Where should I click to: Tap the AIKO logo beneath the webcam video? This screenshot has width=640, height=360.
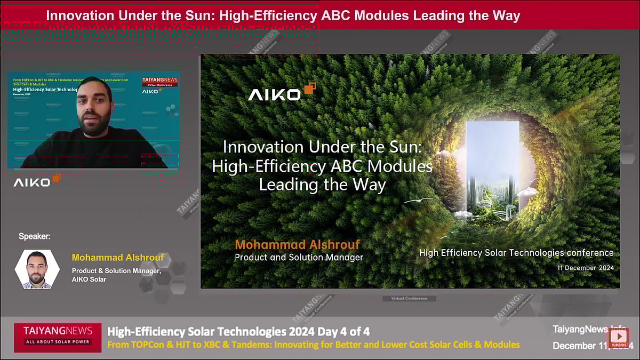pyautogui.click(x=37, y=181)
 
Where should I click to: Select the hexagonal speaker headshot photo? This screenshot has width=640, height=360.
pyautogui.click(x=37, y=269)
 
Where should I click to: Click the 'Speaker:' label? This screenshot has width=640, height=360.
pyautogui.click(x=35, y=236)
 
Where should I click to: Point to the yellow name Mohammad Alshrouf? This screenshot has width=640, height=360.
pyautogui.click(x=118, y=258)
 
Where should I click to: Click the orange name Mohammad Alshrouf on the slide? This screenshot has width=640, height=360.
pyautogui.click(x=297, y=245)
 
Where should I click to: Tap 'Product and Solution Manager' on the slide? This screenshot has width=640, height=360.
pyautogui.click(x=299, y=258)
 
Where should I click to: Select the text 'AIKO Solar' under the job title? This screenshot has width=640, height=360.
pyautogui.click(x=89, y=279)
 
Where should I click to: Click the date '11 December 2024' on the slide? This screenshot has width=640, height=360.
pyautogui.click(x=585, y=268)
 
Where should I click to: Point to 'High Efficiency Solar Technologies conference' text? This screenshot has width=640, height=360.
pyautogui.click(x=516, y=253)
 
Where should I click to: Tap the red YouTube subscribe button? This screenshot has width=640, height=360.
pyautogui.click(x=619, y=338)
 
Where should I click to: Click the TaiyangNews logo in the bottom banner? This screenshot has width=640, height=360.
pyautogui.click(x=58, y=335)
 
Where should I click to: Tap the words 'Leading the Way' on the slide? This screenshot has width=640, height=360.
pyautogui.click(x=322, y=185)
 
